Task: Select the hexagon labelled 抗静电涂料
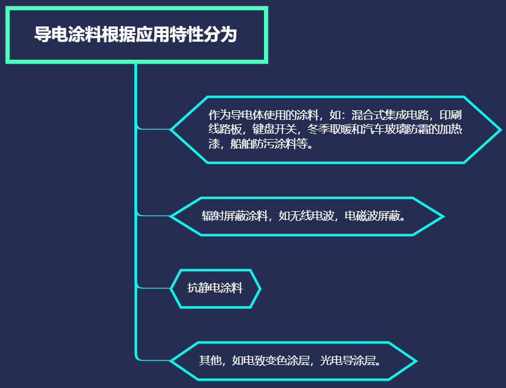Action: [x=215, y=288]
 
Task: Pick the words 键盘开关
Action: [x=274, y=130]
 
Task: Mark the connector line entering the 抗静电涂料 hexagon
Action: [x=155, y=288]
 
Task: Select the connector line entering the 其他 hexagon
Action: [x=155, y=360]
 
